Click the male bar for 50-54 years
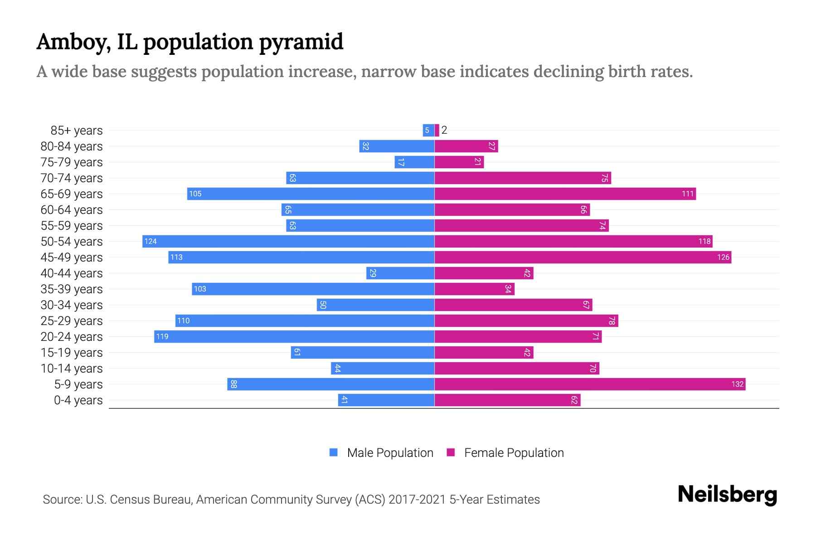tap(288, 241)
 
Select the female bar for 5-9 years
tap(589, 384)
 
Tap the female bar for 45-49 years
tap(583, 257)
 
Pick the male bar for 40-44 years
tap(400, 273)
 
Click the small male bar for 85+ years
tap(428, 131)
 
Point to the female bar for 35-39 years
tap(474, 289)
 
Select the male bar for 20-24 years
tap(294, 337)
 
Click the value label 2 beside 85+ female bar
tap(444, 131)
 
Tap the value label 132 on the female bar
tap(737, 384)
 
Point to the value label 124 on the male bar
tap(151, 242)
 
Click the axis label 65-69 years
tap(72, 194)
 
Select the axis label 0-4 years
tap(78, 400)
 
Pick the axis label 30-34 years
tap(72, 305)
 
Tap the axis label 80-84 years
tap(72, 146)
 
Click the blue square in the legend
tap(334, 452)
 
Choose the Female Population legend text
tap(514, 453)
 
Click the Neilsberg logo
tap(727, 495)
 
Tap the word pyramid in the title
tap(301, 42)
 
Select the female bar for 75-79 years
tap(459, 162)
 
